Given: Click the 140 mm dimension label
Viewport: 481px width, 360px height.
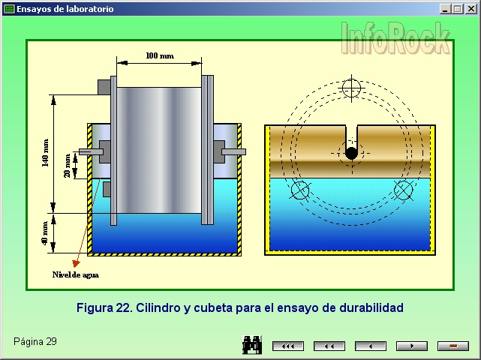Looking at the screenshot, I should click(x=47, y=153).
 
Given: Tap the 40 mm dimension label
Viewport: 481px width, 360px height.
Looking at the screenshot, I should click(x=47, y=232).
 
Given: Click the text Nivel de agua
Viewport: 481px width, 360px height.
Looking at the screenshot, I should click(x=75, y=274).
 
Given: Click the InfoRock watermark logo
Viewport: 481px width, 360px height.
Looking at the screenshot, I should click(x=397, y=37).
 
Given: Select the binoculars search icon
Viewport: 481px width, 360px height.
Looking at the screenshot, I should click(x=251, y=345).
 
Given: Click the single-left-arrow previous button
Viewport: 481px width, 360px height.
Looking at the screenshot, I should click(x=371, y=346).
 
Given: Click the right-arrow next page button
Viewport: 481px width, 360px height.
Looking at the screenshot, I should click(x=412, y=346).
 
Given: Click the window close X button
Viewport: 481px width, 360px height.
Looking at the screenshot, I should click(x=470, y=9).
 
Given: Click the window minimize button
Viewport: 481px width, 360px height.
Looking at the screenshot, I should click(x=445, y=9).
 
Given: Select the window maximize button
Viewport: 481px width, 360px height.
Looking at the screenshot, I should click(x=457, y=9).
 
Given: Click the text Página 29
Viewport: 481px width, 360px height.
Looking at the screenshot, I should click(x=35, y=342).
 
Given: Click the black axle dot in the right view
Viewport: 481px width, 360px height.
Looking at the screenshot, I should click(x=351, y=153).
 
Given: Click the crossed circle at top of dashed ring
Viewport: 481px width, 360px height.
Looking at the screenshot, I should click(x=351, y=87).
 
